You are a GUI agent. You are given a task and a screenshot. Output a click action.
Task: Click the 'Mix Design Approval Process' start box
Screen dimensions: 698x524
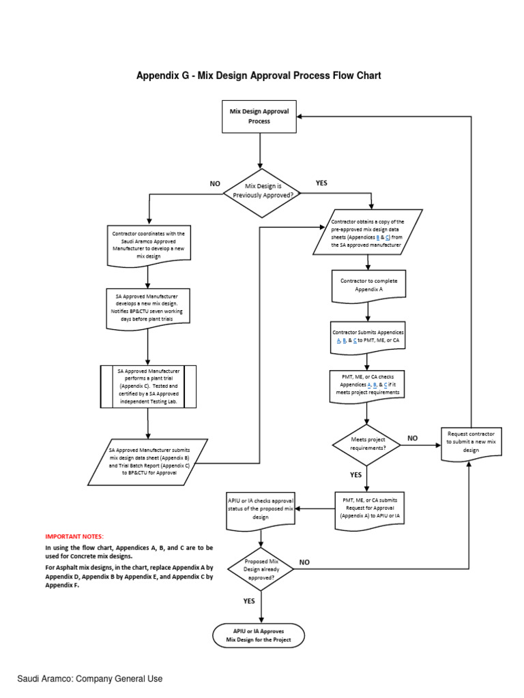coord(259,116)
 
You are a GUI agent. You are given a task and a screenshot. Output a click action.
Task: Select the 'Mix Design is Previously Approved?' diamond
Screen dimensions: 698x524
coord(259,190)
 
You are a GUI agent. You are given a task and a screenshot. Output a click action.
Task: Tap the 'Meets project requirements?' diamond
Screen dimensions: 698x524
coord(367,444)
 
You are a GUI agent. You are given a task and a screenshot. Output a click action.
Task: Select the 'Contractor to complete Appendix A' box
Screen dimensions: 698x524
coord(368,286)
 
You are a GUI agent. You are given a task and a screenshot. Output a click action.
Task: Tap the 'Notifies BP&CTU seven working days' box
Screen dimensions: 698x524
coord(148,306)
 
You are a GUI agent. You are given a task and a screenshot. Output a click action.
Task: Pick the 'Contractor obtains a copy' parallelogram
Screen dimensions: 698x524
coord(368,233)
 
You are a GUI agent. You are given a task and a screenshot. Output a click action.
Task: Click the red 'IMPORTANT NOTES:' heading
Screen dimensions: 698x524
coord(75,537)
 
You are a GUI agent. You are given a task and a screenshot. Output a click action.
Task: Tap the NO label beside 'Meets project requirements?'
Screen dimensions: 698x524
coord(412,438)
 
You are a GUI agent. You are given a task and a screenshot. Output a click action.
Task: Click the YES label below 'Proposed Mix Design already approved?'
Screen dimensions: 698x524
coord(249,601)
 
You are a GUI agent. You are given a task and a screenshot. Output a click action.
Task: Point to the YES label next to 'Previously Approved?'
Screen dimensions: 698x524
coord(322,183)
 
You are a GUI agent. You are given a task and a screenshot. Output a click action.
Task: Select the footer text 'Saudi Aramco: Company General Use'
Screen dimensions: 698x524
coord(90,679)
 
